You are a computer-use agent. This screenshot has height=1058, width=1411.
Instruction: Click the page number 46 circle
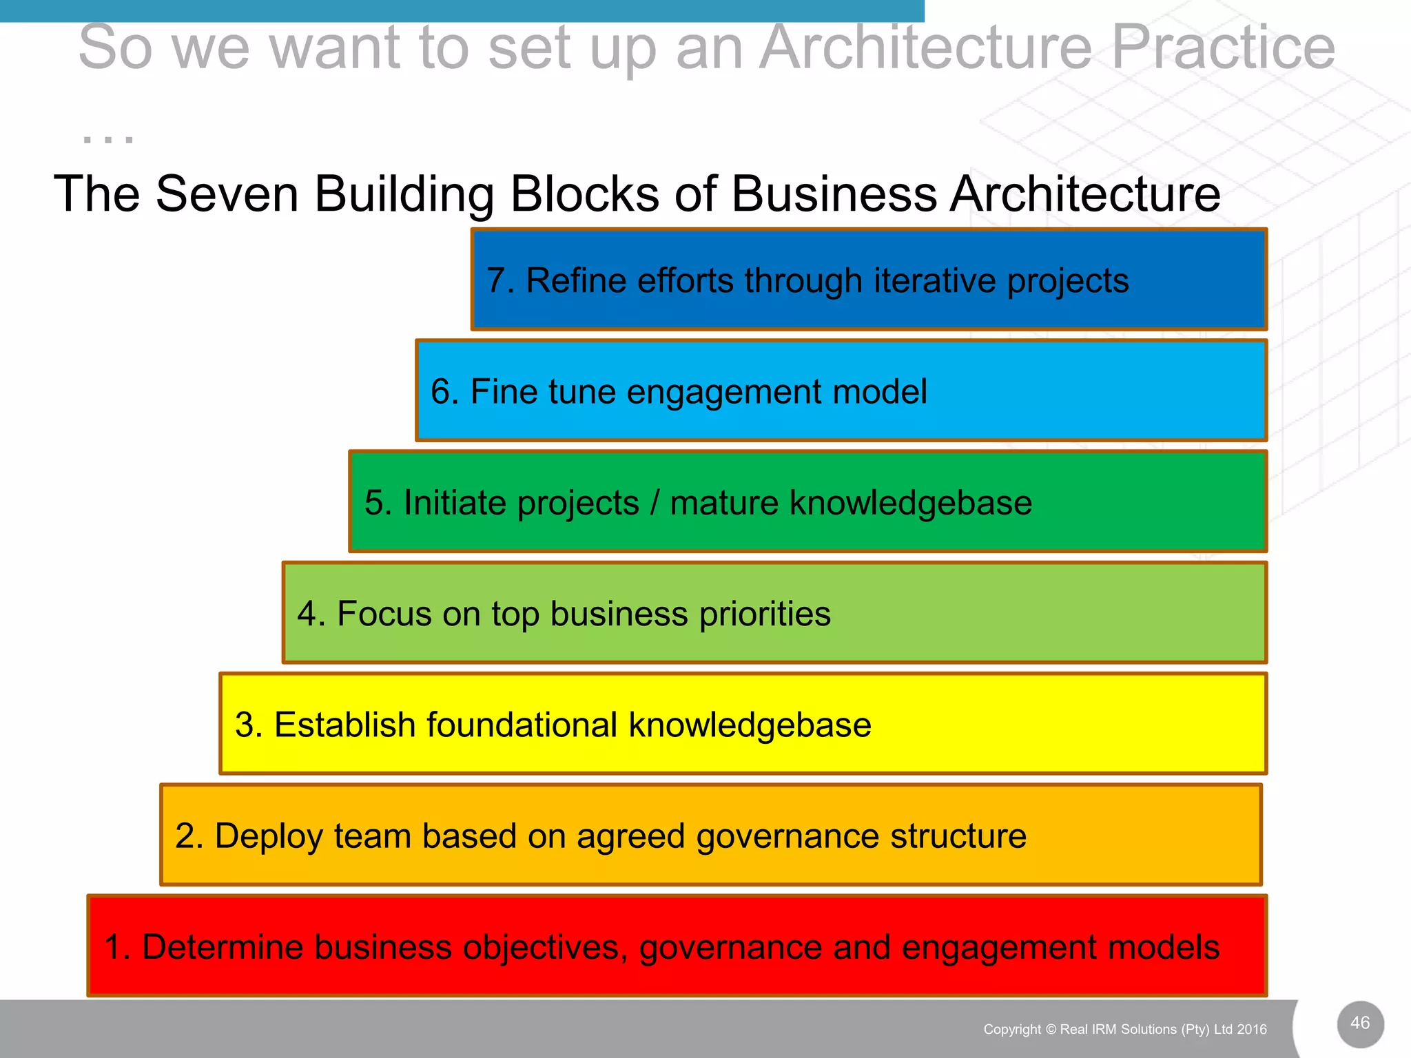(x=1360, y=1024)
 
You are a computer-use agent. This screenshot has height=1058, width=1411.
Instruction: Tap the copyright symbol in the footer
(x=1051, y=1030)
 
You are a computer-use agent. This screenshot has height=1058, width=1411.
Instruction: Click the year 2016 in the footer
(x=1252, y=1030)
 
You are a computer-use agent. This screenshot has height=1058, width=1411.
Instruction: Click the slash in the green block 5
(x=655, y=503)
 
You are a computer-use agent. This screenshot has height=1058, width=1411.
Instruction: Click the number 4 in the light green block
(x=307, y=614)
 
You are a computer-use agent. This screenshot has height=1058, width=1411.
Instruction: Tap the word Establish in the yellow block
(x=342, y=725)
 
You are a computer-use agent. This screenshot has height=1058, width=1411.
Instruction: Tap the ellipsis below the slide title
(x=108, y=138)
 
